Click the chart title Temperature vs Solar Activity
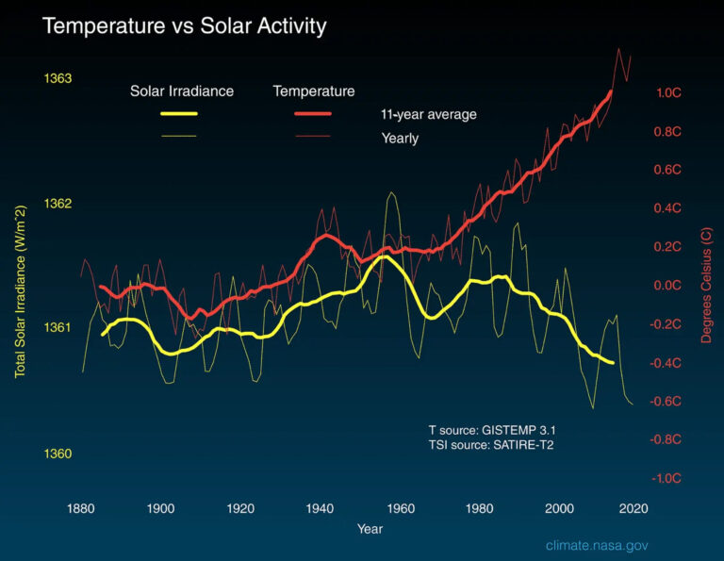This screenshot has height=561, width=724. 184,26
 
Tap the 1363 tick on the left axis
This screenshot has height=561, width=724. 58,78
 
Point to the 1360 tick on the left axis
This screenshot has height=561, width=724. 58,454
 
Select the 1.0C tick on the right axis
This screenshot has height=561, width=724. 669,93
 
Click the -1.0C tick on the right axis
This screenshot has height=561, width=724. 667,478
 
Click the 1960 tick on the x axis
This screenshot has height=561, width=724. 402,508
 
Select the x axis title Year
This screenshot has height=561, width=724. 370,529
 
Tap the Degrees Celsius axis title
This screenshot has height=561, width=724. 706,283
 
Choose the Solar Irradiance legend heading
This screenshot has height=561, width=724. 182,91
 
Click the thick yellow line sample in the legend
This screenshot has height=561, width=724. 178,114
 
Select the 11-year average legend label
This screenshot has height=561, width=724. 429,115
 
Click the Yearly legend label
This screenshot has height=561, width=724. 400,139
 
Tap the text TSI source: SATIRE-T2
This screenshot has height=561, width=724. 491,444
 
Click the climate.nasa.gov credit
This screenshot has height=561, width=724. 597,546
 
